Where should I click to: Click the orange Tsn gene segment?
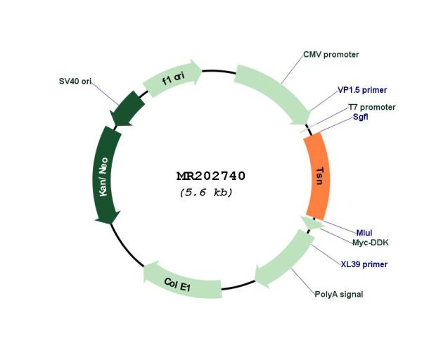click(x=318, y=176)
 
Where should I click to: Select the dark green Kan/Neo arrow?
click(x=105, y=175)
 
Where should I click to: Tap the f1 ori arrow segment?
click(x=172, y=78)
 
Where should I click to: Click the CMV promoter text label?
click(x=331, y=55)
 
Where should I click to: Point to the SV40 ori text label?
click(x=75, y=82)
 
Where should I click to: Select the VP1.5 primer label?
click(x=362, y=90)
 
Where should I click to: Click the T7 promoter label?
click(x=372, y=108)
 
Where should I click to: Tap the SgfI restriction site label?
click(x=361, y=117)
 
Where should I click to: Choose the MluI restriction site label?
click(x=364, y=233)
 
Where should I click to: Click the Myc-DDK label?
click(x=371, y=243)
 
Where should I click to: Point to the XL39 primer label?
click(x=364, y=264)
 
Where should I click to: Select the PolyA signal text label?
click(x=339, y=294)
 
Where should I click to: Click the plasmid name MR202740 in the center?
click(x=211, y=176)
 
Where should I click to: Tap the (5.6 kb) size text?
click(x=206, y=193)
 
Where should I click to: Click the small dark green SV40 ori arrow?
click(x=127, y=110)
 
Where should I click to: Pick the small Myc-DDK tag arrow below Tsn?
click(x=312, y=223)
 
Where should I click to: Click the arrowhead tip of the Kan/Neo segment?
click(x=110, y=224)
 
